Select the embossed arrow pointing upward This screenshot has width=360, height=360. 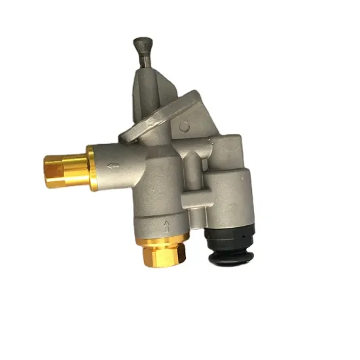click(168, 226)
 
